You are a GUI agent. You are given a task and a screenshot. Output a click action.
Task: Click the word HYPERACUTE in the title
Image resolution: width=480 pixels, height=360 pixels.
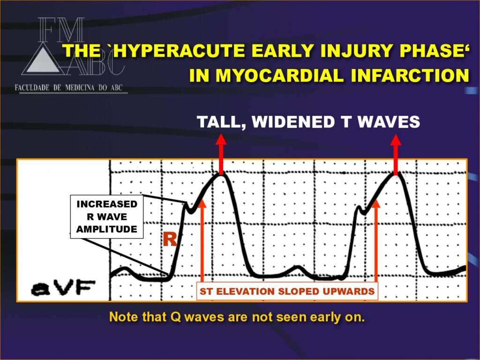(x=180, y=51)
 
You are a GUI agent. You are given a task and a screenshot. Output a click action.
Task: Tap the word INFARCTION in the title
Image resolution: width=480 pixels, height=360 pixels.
(x=410, y=75)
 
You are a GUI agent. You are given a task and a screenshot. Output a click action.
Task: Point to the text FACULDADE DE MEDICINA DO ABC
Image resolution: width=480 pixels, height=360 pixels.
(x=68, y=88)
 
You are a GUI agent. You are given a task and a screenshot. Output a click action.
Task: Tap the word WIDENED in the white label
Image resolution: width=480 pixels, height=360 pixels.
(x=293, y=122)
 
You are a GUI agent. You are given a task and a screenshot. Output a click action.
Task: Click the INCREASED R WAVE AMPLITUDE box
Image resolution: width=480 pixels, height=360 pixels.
(x=107, y=217)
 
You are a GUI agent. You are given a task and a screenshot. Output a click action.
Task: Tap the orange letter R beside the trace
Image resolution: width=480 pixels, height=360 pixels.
(x=170, y=240)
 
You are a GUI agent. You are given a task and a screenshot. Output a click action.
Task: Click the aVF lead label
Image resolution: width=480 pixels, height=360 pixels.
(x=63, y=288)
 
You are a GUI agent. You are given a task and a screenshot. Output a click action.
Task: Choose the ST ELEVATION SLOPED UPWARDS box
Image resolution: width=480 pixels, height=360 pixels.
(x=287, y=292)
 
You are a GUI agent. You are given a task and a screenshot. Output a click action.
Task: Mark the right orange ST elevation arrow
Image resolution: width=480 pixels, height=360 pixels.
(x=376, y=240)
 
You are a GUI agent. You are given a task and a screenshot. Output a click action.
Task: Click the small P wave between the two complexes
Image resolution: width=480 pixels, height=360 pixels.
(x=298, y=269)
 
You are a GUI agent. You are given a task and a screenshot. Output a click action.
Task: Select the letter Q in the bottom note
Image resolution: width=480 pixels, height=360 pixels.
(x=176, y=317)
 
